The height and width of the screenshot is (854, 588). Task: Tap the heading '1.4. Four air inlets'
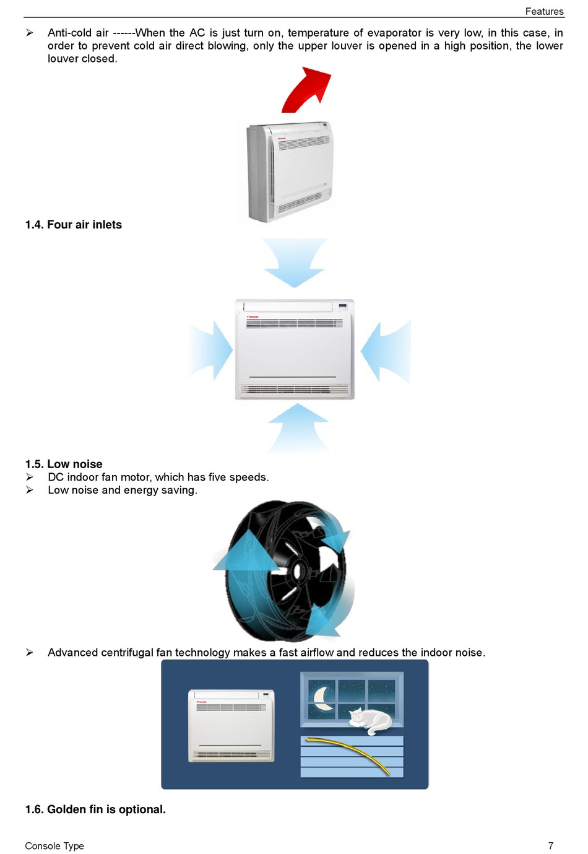[74, 225]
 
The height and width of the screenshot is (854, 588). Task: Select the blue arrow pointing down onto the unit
[294, 263]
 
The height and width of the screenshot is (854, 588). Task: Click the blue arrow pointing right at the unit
[212, 350]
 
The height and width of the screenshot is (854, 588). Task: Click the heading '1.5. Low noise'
[64, 464]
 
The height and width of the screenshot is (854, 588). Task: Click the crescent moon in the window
[322, 698]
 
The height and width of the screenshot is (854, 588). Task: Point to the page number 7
[550, 846]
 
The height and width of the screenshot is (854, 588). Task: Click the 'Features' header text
[544, 11]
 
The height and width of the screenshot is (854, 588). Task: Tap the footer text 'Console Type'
[54, 846]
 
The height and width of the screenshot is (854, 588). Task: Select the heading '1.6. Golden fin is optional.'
[95, 809]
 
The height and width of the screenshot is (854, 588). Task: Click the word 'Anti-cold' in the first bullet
[69, 33]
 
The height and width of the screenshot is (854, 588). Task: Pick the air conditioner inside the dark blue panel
[231, 725]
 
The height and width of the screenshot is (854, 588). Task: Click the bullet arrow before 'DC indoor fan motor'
[30, 477]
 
